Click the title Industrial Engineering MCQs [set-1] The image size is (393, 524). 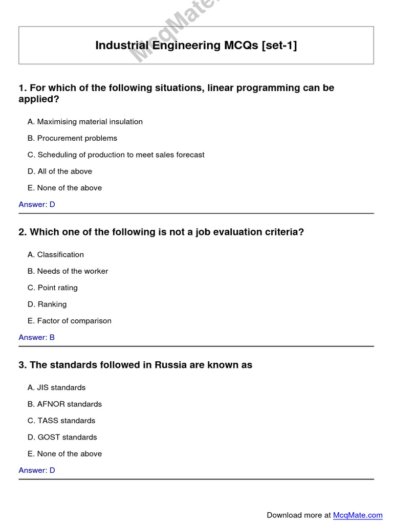196,46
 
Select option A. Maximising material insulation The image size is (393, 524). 85,122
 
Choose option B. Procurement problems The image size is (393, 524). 72,138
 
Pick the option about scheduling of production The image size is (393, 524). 116,155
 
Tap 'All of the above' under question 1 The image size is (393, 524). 60,171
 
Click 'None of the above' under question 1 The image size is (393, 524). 64,188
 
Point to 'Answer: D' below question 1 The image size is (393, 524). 37,204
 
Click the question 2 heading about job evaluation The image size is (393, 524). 161,232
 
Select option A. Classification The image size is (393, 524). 56,254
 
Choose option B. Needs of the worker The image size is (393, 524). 68,271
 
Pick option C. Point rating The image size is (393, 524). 53,288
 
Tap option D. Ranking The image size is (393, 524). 47,304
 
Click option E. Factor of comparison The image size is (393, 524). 70,321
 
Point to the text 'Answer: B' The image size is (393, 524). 37,337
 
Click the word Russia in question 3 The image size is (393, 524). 171,365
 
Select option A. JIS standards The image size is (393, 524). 57,387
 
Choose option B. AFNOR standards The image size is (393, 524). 64,404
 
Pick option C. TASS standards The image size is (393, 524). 61,421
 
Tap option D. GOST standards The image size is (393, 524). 62,437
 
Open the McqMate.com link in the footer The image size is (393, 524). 358,515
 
